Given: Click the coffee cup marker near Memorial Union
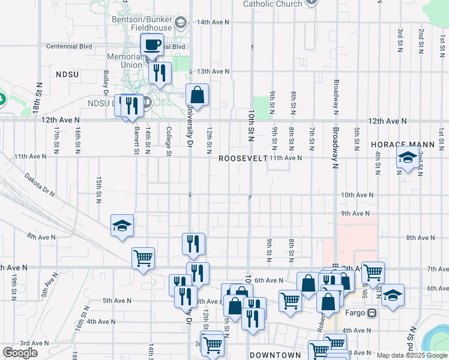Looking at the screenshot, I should pyautogui.click(x=152, y=44).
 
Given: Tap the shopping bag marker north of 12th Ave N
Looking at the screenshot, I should pyautogui.click(x=197, y=94).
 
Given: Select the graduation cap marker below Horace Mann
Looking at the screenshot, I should pyautogui.click(x=408, y=159).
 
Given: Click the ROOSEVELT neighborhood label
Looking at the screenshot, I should pyautogui.click(x=243, y=158).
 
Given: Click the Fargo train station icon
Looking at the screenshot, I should pyautogui.click(x=372, y=313).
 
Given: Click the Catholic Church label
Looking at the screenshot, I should pyautogui.click(x=272, y=4).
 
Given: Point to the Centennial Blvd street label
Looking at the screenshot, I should pyautogui.click(x=69, y=46).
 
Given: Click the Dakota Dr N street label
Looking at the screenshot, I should pyautogui.click(x=40, y=185).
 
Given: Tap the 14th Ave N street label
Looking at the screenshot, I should pyautogui.click(x=213, y=22).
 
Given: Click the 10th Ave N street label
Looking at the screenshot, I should pyautogui.click(x=357, y=195).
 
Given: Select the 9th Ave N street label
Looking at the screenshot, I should pyautogui.click(x=354, y=213).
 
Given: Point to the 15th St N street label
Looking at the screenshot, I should pyautogui.click(x=98, y=189).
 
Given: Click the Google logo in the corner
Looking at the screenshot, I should pyautogui.click(x=20, y=352).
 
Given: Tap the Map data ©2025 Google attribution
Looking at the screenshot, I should pyautogui.click(x=412, y=355).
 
